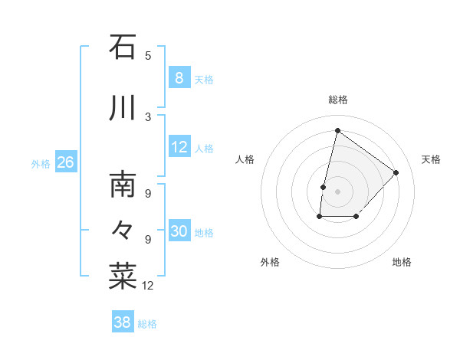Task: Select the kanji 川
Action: click(x=123, y=108)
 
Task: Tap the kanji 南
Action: click(x=123, y=185)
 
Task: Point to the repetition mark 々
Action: click(x=123, y=229)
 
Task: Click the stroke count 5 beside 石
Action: click(x=148, y=55)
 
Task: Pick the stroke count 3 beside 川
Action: click(x=148, y=116)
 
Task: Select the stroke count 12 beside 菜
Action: click(x=148, y=286)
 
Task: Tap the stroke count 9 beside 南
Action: click(x=148, y=194)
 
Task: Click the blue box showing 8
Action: click(x=179, y=77)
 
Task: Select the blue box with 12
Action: click(x=179, y=147)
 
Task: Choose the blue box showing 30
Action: click(x=179, y=231)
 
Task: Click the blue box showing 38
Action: click(x=122, y=322)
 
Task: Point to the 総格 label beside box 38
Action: click(x=148, y=324)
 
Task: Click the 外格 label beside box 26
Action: click(x=41, y=164)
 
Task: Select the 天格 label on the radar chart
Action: click(x=431, y=159)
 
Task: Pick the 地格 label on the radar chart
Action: click(x=402, y=262)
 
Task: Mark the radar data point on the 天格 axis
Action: click(x=396, y=172)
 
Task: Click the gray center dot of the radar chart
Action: click(x=337, y=191)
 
